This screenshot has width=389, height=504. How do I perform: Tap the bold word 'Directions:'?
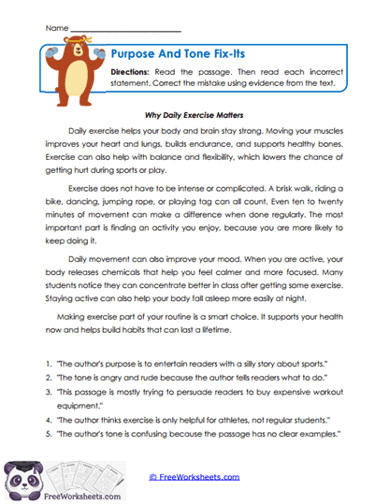pos(132,72)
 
